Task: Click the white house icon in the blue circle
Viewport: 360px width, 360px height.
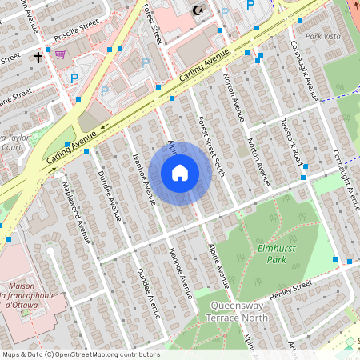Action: [x=180, y=173]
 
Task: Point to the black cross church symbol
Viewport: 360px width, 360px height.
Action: [x=38, y=58]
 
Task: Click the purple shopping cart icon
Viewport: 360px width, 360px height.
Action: [x=60, y=55]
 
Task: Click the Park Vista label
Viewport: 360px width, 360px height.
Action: [x=323, y=36]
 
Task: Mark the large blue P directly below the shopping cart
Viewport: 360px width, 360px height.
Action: [x=74, y=78]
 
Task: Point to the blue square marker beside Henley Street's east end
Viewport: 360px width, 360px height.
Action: [x=349, y=262]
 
